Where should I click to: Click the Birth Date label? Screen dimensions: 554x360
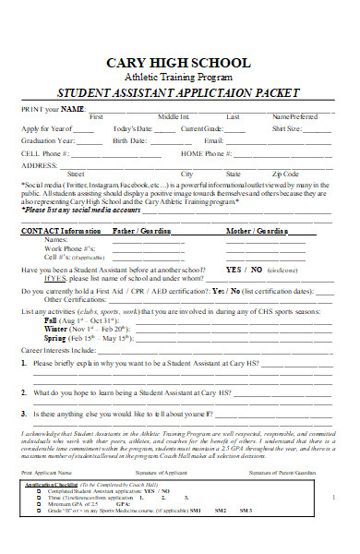click(x=130, y=140)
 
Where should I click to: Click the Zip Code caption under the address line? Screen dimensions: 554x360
click(x=285, y=174)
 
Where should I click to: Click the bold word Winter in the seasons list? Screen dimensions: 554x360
click(x=56, y=329)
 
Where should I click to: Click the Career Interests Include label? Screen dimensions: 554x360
click(x=58, y=351)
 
